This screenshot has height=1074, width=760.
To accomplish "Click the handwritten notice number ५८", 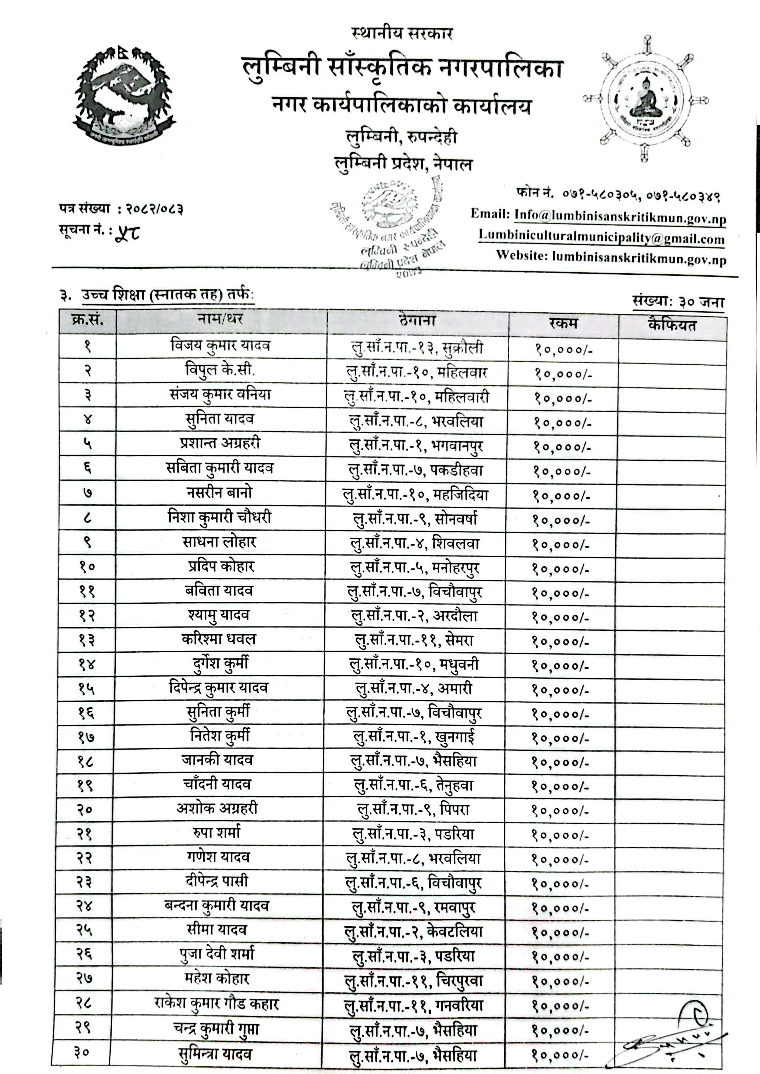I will [x=127, y=231].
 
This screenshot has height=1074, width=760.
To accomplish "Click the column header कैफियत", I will [x=672, y=324].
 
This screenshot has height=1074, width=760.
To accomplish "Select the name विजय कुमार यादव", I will [x=220, y=346].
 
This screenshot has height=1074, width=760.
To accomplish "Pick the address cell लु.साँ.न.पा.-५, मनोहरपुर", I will [x=415, y=568].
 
